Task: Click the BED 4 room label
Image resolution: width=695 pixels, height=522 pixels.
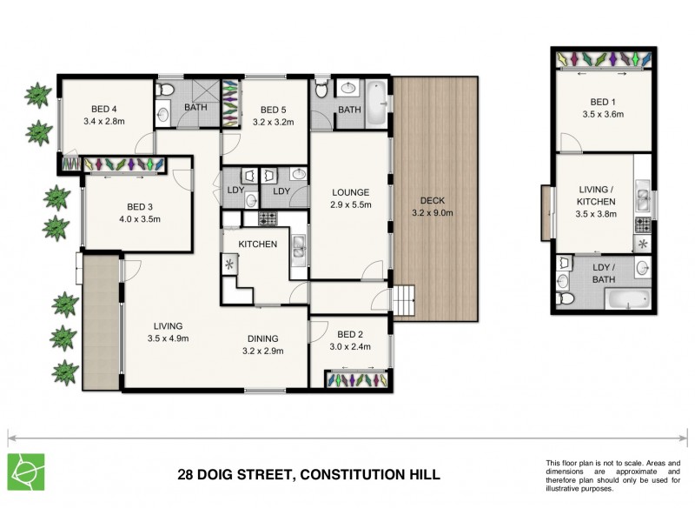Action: point(104,109)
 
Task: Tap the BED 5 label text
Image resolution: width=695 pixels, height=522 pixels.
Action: point(273,110)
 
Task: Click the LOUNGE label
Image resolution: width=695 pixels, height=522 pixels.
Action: point(350,192)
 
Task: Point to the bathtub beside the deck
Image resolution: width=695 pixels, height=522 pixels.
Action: point(377,104)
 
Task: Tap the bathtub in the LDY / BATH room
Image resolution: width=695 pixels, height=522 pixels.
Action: point(625,301)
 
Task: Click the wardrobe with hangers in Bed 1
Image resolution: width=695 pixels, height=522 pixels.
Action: point(602,59)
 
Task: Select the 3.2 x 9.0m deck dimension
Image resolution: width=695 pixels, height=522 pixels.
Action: point(432,212)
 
